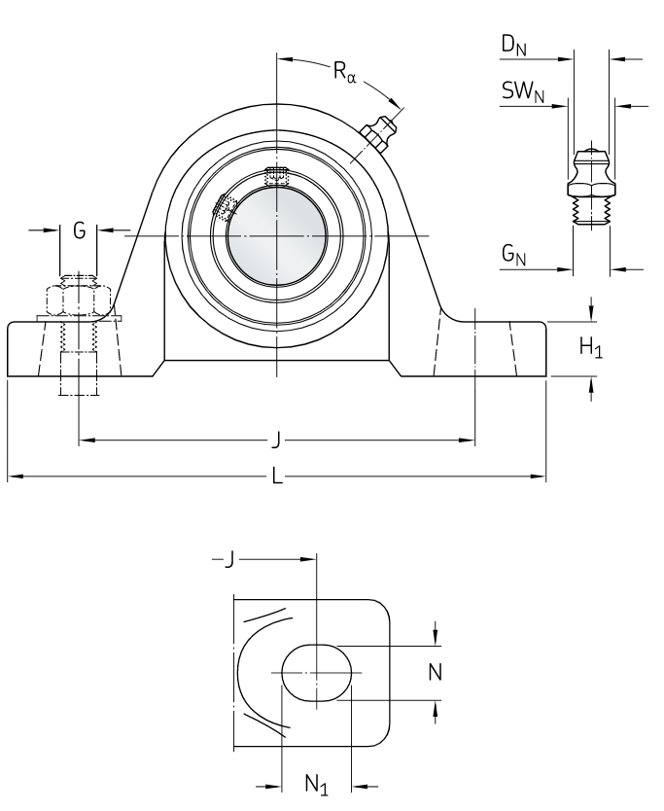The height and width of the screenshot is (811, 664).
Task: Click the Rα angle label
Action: click(x=345, y=71)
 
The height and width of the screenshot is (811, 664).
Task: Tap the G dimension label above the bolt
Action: click(x=79, y=230)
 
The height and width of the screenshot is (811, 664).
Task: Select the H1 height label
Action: click(x=591, y=347)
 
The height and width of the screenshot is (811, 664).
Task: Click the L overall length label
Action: click(x=278, y=476)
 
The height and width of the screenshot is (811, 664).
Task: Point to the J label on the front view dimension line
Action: click(x=277, y=441)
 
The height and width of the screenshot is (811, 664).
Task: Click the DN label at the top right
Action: click(x=514, y=46)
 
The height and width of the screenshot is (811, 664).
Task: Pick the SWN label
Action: click(x=523, y=92)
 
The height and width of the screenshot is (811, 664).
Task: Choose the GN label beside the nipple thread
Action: click(x=513, y=255)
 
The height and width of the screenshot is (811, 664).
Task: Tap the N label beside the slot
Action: click(x=436, y=672)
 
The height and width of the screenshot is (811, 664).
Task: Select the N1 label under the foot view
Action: click(x=316, y=785)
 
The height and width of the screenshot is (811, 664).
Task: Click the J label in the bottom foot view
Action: click(x=229, y=558)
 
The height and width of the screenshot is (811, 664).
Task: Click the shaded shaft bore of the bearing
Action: click(x=277, y=236)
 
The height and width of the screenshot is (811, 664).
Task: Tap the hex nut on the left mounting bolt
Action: click(x=79, y=300)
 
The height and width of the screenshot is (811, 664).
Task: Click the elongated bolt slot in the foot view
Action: click(x=317, y=672)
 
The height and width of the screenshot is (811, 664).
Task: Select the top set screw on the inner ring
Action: click(x=276, y=176)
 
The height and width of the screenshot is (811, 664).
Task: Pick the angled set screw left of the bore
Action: click(x=225, y=208)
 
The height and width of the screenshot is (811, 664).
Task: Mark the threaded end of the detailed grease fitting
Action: click(x=591, y=211)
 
